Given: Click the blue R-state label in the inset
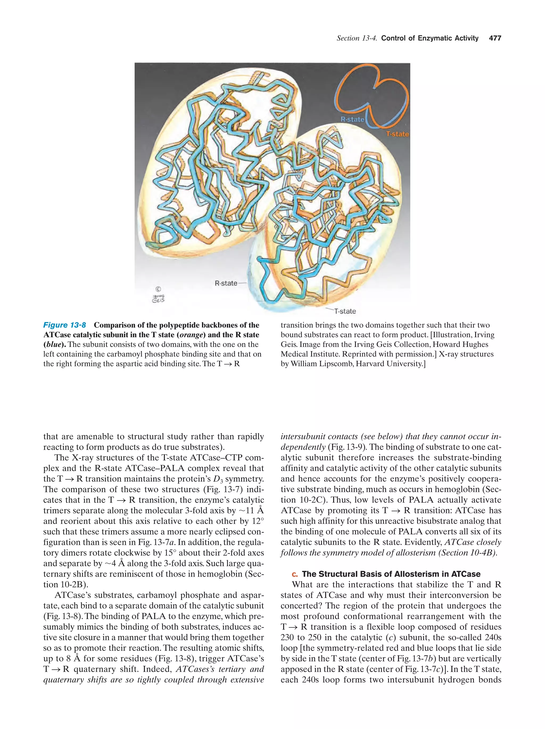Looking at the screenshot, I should tap(352, 119).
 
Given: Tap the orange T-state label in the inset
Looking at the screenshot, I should tap(397, 134).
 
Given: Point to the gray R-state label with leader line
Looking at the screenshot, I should tap(226, 283).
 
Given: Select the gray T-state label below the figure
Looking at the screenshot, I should tap(345, 311).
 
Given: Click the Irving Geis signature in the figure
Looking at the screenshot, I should tap(158, 299).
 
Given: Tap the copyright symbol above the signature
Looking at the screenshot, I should tap(158, 289).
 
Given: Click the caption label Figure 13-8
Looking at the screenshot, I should tap(65, 325).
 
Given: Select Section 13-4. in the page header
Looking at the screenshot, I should tap(357, 38).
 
